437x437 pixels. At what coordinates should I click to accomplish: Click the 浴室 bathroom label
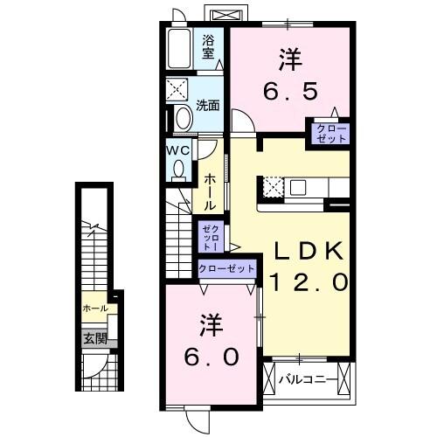click(209, 46)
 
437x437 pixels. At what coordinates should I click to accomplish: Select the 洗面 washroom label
click(207, 106)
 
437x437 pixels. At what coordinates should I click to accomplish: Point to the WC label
click(178, 149)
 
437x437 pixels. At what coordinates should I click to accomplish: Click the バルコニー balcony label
click(307, 381)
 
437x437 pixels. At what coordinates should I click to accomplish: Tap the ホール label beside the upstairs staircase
click(211, 191)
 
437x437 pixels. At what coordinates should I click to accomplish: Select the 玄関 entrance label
click(95, 337)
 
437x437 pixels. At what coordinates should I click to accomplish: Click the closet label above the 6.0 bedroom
click(227, 269)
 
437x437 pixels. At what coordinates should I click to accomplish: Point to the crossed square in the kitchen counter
click(271, 186)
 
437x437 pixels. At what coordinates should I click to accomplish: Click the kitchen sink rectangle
click(298, 185)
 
